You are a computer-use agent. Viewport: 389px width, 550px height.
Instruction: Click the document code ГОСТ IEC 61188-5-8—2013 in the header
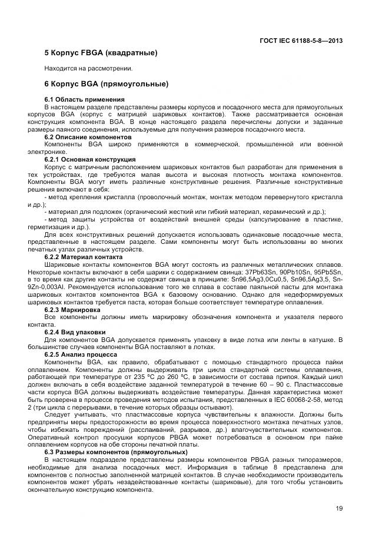(301, 41)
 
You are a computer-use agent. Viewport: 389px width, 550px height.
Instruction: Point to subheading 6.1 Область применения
(85, 100)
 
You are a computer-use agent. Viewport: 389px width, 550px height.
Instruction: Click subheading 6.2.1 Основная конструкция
(90, 159)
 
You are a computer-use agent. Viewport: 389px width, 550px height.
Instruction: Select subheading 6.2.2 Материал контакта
(84, 257)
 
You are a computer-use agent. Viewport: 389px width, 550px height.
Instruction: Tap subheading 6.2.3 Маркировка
(72, 309)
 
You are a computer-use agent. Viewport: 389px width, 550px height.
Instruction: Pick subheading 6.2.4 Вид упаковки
(75, 332)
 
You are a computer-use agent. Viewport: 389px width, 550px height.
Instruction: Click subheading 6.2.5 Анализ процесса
(81, 354)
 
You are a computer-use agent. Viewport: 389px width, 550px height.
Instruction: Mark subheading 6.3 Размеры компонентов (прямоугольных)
(116, 452)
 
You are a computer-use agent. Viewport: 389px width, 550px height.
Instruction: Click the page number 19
(339, 509)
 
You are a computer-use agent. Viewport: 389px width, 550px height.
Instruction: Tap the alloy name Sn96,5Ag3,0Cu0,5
(238, 280)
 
